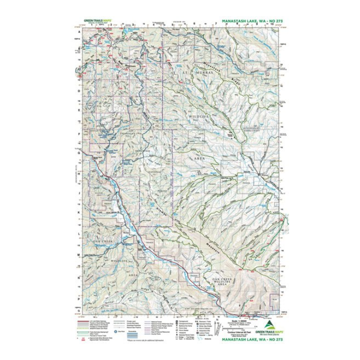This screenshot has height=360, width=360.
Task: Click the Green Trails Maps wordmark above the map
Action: point(97,21)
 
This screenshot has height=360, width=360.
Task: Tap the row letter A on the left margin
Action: point(78,31)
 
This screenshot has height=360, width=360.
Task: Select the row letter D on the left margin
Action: point(78,91)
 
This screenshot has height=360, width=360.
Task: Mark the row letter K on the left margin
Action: point(78,212)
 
